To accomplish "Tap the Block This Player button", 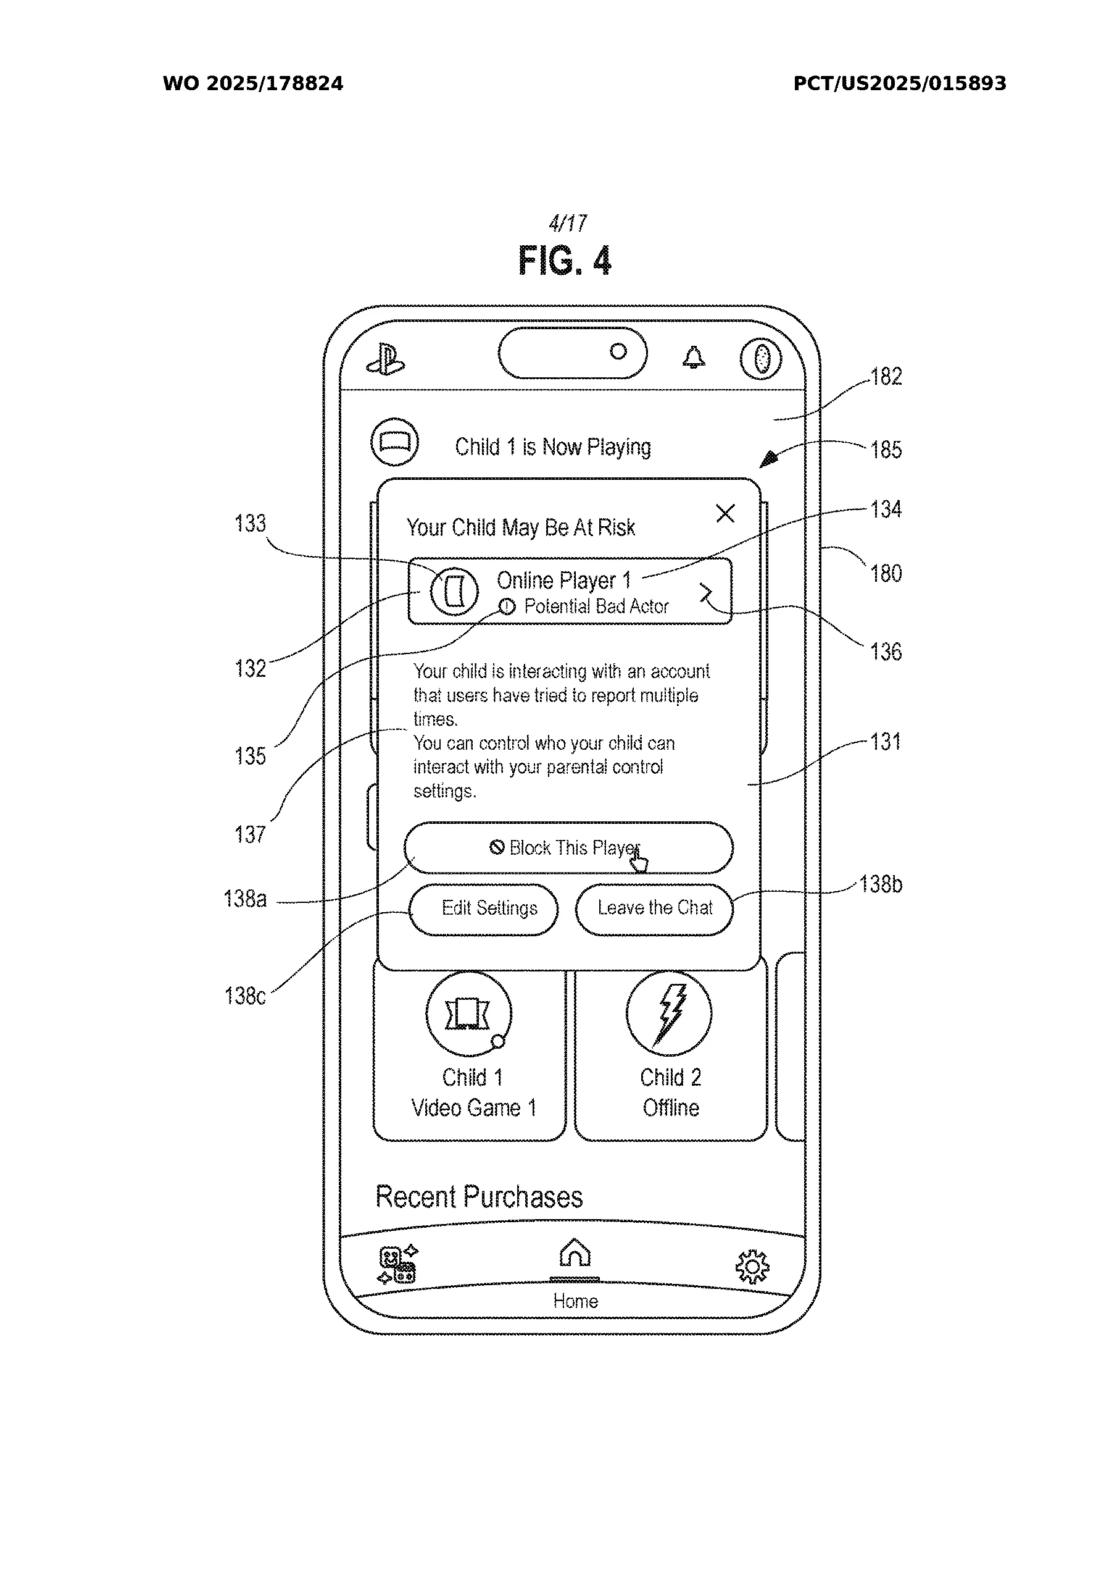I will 568,848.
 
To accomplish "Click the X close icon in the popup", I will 725,513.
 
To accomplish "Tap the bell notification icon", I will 693,358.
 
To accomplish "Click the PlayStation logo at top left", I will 386,359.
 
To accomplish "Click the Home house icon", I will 575,1254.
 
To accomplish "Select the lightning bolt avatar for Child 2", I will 669,1013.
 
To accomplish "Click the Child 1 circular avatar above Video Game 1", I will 468,1013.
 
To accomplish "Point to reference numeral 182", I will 886,377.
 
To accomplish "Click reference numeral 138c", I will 245,996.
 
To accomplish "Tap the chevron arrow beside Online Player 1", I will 706,593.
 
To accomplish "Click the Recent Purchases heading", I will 479,1197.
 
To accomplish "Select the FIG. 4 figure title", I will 564,260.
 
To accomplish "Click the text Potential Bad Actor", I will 596,606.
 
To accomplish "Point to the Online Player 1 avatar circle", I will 454,591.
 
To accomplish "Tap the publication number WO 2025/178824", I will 252,84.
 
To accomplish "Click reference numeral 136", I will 886,652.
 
